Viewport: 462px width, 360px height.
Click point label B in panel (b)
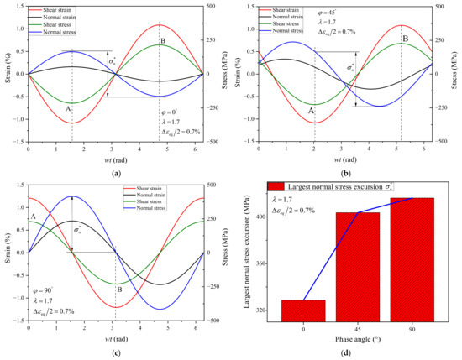coord(405,39)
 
